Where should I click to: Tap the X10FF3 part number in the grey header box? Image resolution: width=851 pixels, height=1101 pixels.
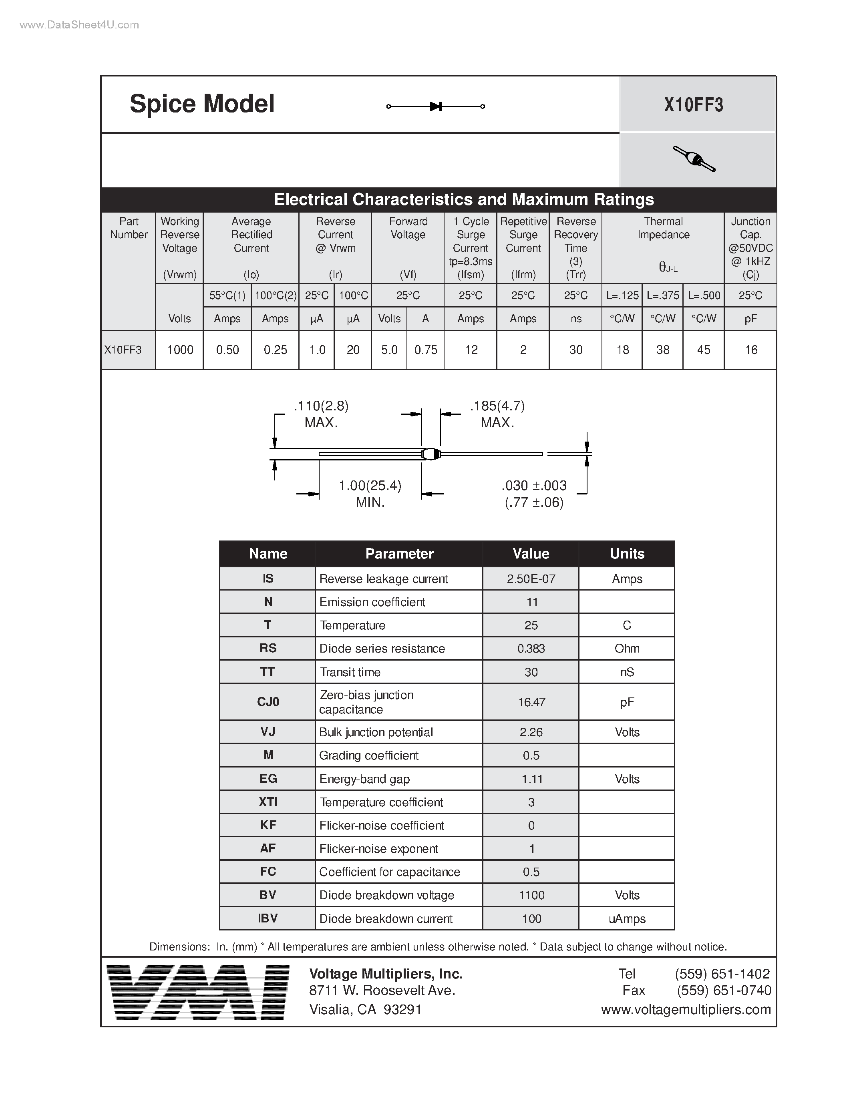coord(693,105)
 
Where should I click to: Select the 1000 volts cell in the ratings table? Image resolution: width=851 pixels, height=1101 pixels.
coord(180,350)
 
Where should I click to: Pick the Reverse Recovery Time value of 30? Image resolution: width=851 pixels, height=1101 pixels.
coord(576,350)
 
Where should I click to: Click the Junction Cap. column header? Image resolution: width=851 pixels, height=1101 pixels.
coord(750,247)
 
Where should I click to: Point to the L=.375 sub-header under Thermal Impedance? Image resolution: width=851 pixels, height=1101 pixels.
coord(662,295)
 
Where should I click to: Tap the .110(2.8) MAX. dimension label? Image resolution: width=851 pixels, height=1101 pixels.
coord(321,414)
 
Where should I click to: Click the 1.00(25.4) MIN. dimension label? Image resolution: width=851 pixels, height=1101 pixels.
coord(370,494)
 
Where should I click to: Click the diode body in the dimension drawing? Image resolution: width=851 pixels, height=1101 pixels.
coord(431,454)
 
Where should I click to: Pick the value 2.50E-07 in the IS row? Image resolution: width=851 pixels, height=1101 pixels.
coord(531,579)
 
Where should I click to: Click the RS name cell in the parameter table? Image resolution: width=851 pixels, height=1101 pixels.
coord(268,648)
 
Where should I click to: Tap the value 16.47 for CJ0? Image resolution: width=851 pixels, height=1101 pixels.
coord(531,702)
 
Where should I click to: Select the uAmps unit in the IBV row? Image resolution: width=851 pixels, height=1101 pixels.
coord(627,918)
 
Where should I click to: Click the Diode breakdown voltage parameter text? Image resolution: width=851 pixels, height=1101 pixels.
coord(387,895)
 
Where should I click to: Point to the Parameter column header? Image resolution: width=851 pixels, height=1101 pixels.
coord(399,554)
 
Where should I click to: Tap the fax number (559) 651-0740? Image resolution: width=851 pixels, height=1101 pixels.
coord(724,990)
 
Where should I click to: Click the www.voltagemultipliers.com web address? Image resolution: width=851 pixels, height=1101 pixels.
coord(686,1009)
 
